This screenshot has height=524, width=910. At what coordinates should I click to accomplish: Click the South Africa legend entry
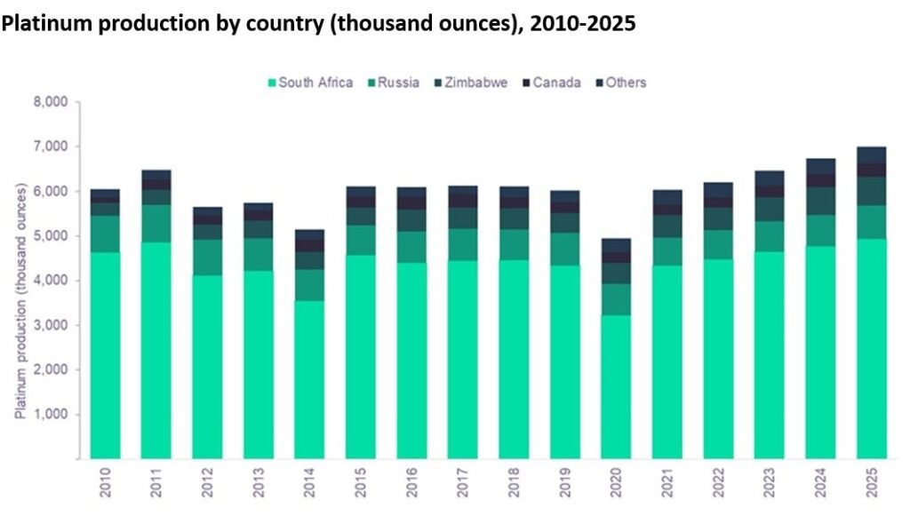tap(310, 83)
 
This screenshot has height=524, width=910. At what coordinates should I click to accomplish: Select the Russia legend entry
tap(391, 83)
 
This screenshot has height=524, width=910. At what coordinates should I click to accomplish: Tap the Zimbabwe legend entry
tap(470, 83)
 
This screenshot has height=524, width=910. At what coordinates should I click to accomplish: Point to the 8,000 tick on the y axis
tap(52, 102)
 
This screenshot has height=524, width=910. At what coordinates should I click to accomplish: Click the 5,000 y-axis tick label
tap(52, 236)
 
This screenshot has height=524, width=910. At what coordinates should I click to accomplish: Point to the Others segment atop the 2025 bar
tap(871, 155)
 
